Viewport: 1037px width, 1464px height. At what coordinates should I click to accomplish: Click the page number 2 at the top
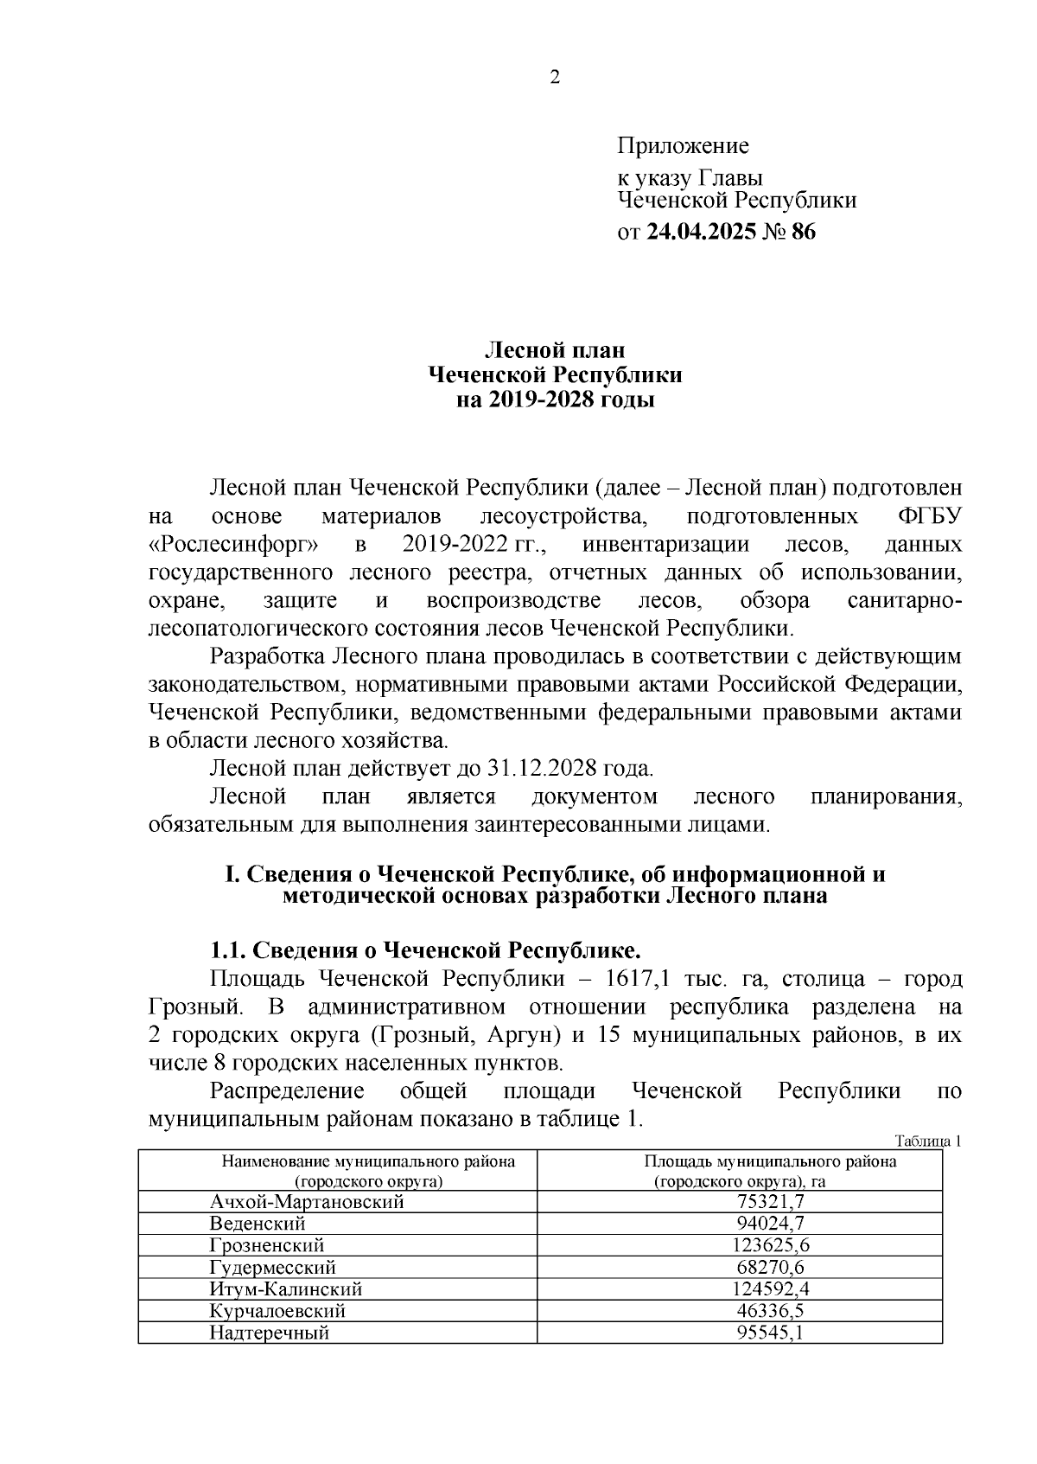[555, 78]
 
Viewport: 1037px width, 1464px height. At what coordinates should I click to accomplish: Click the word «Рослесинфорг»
[233, 546]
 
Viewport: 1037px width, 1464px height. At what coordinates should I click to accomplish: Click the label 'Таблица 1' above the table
[928, 1141]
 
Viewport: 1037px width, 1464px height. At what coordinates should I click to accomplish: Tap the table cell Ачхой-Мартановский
[307, 1201]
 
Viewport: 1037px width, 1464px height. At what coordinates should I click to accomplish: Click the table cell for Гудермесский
[272, 1268]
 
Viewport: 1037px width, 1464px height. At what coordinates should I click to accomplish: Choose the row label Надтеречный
[269, 1333]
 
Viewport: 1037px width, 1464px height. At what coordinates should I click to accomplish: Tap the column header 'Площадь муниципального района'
[770, 1161]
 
